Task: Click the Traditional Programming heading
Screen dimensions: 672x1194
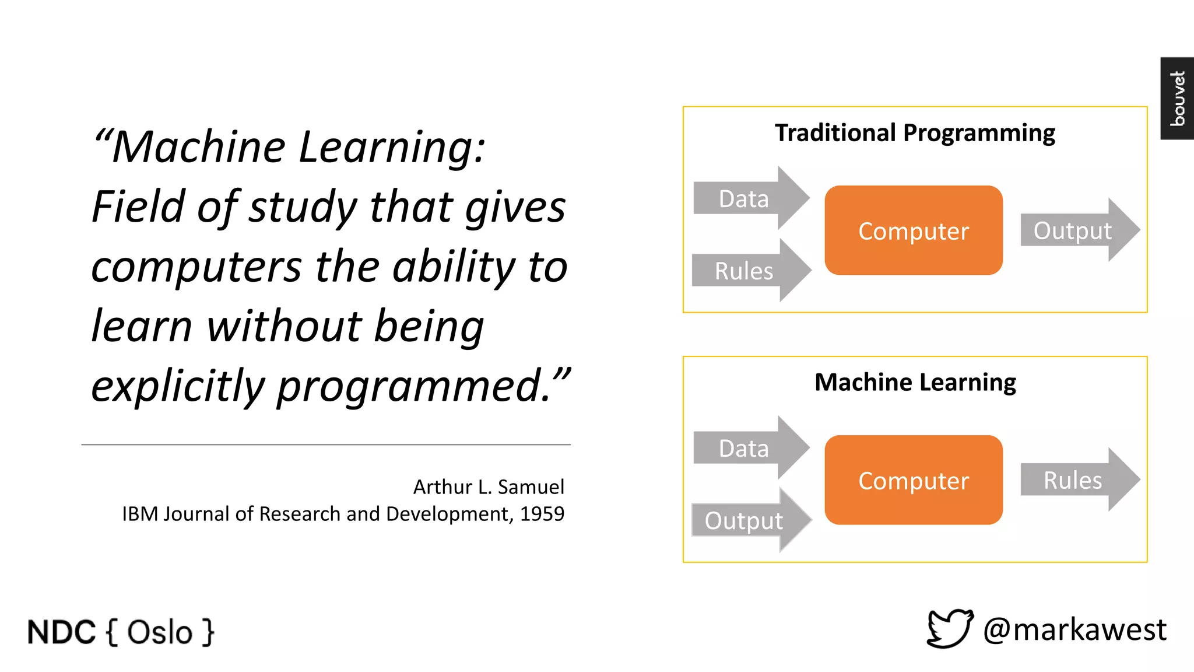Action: [x=914, y=133]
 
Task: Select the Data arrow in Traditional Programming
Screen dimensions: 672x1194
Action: [x=746, y=198]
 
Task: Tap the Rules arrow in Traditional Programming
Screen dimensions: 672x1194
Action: [x=746, y=271]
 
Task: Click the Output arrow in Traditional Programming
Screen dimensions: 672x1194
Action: [x=1076, y=230]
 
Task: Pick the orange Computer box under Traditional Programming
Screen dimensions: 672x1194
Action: [x=914, y=230]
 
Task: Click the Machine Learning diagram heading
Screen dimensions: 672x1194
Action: [x=915, y=383]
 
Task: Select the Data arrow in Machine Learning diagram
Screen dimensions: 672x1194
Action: [x=746, y=448]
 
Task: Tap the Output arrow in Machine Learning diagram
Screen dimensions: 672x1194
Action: [x=746, y=520]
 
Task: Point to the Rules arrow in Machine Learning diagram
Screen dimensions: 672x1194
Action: [x=1076, y=480]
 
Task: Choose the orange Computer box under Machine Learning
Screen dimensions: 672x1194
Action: [x=914, y=480]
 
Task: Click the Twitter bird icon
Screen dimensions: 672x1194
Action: [x=949, y=629]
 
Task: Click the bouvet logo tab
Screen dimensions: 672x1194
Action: [x=1177, y=98]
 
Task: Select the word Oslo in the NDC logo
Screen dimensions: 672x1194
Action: [x=160, y=632]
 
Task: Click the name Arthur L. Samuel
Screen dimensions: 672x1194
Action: [x=489, y=487]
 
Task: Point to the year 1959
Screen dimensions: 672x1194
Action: [x=542, y=514]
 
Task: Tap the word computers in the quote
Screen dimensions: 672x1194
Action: [x=196, y=267]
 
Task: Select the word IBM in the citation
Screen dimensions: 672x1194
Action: [x=140, y=514]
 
